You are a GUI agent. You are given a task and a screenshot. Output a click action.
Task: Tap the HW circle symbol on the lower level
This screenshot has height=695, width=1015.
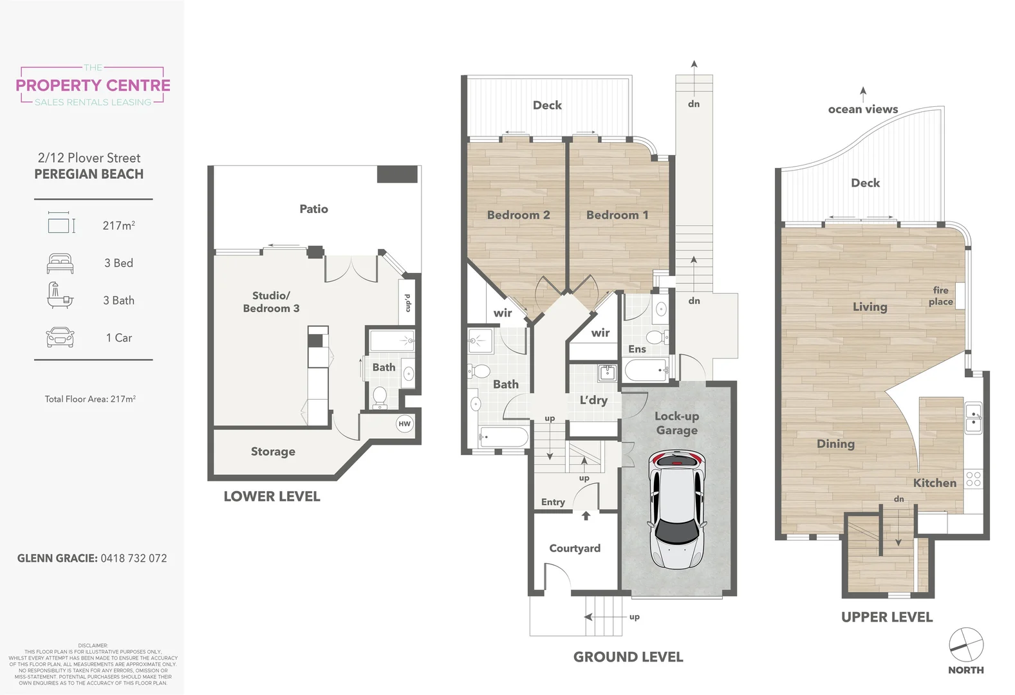tap(404, 423)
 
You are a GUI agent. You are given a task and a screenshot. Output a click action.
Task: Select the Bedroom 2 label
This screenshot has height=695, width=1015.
tap(518, 215)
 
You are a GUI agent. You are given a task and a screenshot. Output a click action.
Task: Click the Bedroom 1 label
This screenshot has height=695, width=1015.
tap(617, 215)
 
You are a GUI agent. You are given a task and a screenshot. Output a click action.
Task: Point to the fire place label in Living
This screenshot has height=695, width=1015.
tap(940, 296)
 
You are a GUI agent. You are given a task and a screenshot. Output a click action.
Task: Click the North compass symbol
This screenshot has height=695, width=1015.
tap(966, 645)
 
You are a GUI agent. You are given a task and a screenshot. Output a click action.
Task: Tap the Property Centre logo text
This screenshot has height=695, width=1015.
tap(93, 86)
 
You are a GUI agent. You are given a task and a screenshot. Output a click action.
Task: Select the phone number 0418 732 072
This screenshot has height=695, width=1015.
tap(134, 559)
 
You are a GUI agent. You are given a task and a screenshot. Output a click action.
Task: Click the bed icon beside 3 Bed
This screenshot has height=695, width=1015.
tap(60, 263)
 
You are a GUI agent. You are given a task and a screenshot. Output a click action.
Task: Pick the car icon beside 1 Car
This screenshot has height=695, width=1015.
tap(60, 338)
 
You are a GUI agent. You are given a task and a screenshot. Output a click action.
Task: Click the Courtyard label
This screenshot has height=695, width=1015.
tap(575, 548)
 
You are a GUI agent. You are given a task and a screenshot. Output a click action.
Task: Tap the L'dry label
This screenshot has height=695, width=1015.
tap(593, 400)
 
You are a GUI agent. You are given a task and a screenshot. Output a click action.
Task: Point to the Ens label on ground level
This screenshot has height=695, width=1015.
tap(637, 349)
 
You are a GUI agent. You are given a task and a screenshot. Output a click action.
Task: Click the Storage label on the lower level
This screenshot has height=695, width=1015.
tap(273, 452)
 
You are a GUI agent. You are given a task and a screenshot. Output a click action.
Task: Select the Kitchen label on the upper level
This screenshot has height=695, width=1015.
tap(935, 483)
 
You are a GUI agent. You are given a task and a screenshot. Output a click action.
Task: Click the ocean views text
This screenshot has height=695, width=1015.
tap(862, 109)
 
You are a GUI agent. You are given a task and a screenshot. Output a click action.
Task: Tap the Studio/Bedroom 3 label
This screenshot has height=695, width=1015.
tap(271, 302)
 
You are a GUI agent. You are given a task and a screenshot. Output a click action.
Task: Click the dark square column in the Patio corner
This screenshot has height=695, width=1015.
tap(397, 174)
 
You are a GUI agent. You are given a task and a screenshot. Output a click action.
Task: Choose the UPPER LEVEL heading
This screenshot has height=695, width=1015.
tap(886, 617)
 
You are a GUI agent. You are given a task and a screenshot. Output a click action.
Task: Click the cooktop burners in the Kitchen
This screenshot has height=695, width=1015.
tap(973, 479)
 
